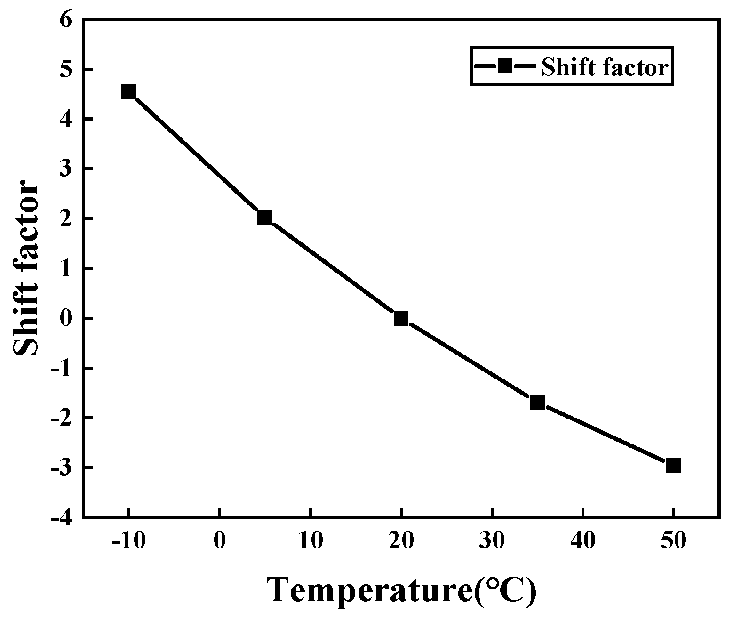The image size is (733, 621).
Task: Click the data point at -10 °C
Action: (x=128, y=92)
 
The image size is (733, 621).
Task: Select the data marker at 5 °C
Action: (x=265, y=218)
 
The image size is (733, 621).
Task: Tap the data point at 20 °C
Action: (x=401, y=318)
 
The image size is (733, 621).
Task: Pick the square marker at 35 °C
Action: (x=537, y=403)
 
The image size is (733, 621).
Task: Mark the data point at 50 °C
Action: (x=673, y=466)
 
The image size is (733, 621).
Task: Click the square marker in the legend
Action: (x=505, y=66)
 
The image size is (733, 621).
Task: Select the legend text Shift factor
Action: (x=605, y=67)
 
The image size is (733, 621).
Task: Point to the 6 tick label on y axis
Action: (x=65, y=20)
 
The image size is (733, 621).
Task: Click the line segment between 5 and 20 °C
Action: (x=333, y=268)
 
